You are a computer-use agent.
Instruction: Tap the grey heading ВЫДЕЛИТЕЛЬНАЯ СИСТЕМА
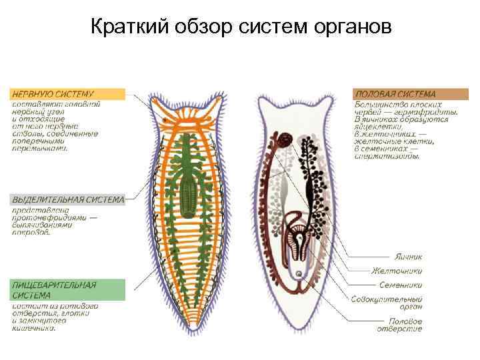pyautogui.click(x=67, y=199)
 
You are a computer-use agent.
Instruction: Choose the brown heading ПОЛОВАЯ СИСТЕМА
pyautogui.click(x=396, y=94)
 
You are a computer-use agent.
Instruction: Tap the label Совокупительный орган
pyautogui.click(x=387, y=304)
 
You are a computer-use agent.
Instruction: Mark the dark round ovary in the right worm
pyautogui.click(x=285, y=139)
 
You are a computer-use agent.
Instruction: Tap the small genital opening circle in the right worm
pyautogui.click(x=298, y=274)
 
